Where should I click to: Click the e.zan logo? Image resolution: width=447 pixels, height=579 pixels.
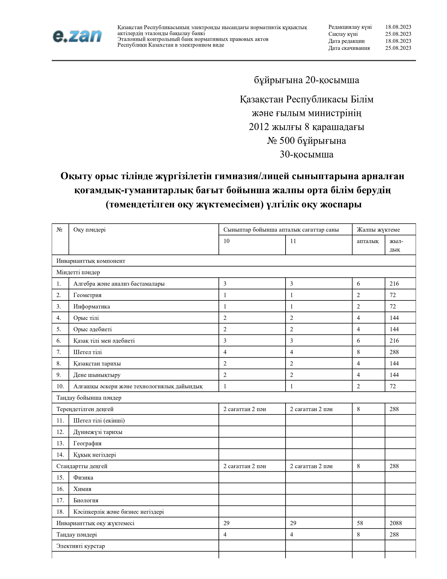click(x=77, y=36)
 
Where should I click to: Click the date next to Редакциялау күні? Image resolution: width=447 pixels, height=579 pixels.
click(x=398, y=27)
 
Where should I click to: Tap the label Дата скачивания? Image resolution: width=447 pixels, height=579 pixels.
click(x=349, y=48)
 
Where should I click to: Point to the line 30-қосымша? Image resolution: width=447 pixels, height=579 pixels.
click(x=306, y=154)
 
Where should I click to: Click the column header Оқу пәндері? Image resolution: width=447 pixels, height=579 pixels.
click(x=90, y=230)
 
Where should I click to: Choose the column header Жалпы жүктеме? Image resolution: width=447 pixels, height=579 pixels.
click(x=378, y=230)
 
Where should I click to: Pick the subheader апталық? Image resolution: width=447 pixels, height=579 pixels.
click(x=368, y=241)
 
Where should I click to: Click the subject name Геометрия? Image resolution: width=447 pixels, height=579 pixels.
click(x=87, y=295)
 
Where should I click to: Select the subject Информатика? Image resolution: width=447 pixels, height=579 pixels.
click(x=92, y=307)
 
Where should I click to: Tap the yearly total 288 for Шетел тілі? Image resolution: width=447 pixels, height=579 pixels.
click(x=394, y=352)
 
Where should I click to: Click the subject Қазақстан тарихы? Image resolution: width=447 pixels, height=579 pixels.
click(x=97, y=364)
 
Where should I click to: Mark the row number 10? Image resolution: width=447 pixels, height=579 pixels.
click(x=60, y=386)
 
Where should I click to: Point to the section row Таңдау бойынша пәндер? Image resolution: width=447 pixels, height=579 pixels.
click(x=89, y=398)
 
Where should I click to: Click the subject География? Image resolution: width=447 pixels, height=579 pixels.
click(x=87, y=443)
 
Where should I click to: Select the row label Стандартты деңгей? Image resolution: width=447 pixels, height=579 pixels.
click(x=82, y=466)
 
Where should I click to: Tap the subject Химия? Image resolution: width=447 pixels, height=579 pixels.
click(x=82, y=489)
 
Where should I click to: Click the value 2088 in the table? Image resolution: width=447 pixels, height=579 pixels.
click(x=396, y=523)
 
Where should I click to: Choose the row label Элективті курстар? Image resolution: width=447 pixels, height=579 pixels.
click(x=80, y=546)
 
